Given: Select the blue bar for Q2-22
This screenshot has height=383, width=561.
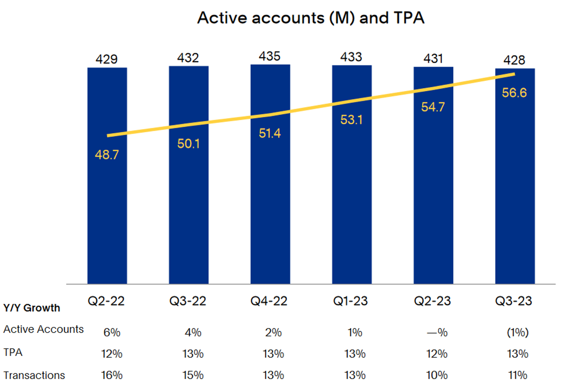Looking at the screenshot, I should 107,209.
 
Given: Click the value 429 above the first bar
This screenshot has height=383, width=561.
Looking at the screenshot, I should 107,59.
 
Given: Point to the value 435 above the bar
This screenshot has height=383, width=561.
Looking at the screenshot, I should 270,56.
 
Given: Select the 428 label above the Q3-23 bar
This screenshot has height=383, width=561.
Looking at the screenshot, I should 515,60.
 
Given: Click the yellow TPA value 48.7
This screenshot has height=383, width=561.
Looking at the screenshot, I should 107,154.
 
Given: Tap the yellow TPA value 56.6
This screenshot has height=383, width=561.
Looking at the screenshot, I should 515,93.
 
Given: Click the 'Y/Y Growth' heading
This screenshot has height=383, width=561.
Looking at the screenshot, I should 32,308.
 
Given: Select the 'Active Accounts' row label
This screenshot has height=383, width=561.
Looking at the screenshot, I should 43,329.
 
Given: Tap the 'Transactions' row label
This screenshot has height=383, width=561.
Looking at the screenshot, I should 34,375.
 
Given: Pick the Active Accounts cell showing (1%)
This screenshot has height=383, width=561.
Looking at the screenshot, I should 518,333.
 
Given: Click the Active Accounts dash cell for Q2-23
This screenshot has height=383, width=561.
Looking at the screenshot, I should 436,333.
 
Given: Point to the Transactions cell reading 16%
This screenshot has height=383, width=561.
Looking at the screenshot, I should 111,375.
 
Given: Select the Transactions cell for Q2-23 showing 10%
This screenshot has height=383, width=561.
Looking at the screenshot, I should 436,375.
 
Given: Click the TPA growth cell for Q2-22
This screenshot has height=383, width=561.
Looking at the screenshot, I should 111,353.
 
